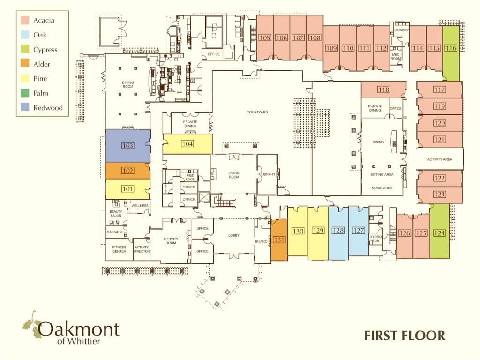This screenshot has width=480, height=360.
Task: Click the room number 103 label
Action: (127, 146)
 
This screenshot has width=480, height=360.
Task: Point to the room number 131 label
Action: (279, 240)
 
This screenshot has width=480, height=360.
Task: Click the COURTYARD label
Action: (257, 112)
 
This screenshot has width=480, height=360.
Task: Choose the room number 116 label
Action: (451, 48)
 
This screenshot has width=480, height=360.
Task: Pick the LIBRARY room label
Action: (268, 174)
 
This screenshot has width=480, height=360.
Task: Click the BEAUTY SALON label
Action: (116, 214)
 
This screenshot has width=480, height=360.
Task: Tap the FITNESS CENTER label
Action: (119, 249)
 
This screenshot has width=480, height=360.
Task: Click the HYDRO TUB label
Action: (376, 239)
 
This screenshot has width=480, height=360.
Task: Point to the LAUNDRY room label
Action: (402, 30)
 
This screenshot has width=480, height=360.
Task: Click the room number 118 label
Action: (383, 90)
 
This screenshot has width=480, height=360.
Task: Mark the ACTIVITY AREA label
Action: (440, 159)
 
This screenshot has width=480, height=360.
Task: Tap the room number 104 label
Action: (187, 144)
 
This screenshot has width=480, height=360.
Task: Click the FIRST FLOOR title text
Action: (405, 335)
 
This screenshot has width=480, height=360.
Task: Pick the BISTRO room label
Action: (261, 241)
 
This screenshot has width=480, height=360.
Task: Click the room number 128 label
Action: (338, 231)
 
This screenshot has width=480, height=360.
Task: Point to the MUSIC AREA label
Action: (382, 187)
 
